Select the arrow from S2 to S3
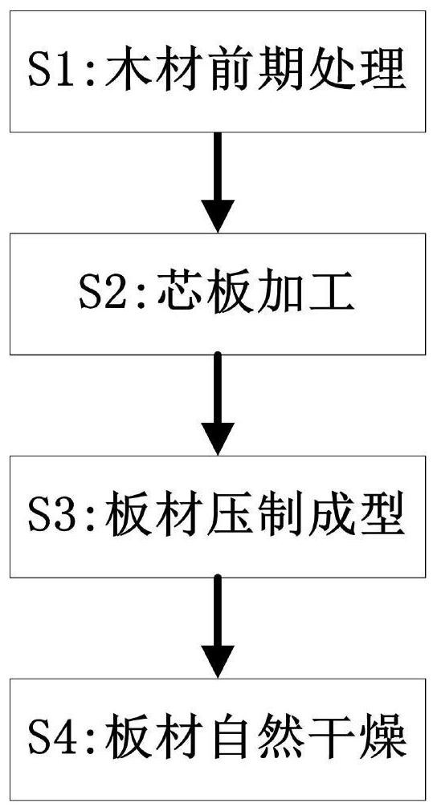pos(218,404)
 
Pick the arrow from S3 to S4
pos(218,626)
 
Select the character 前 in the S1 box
pos(227,71)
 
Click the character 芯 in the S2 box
pos(176,294)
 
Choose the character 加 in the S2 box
pos(280,294)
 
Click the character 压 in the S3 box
pos(227,516)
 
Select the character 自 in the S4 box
pos(227,738)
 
